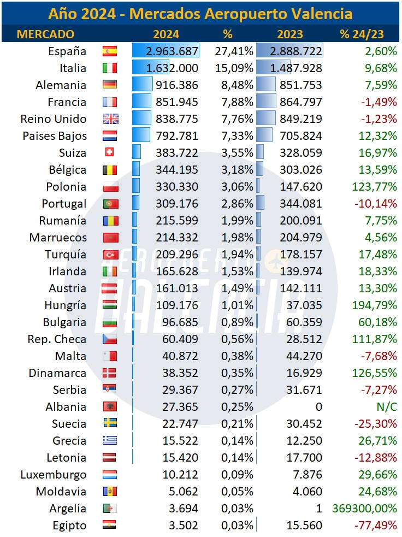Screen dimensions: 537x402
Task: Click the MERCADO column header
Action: point(45,34)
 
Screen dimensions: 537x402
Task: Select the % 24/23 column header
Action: point(362,34)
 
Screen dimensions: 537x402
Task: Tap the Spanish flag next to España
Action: point(110,51)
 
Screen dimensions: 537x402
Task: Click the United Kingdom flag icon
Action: point(110,119)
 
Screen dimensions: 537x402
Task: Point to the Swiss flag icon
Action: point(109,153)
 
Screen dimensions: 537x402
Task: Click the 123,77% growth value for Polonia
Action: point(374,187)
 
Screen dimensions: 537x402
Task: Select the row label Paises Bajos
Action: point(54,136)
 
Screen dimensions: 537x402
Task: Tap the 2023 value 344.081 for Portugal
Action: point(300,204)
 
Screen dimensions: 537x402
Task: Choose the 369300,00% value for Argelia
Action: point(364,509)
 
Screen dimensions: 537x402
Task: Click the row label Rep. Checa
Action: point(57,339)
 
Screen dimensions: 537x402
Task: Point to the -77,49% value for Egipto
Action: point(377,526)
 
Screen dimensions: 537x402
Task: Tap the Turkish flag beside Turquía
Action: point(110,255)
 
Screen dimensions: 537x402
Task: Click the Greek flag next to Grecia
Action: point(110,441)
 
